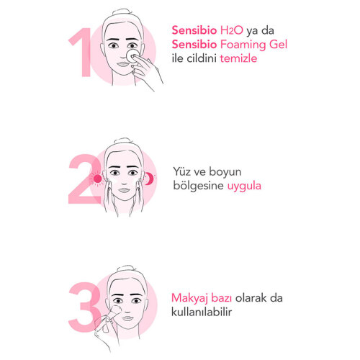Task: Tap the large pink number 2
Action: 84,179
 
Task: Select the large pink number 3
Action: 84,307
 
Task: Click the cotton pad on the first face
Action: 132,56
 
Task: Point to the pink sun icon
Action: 97,179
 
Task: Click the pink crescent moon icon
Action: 149,179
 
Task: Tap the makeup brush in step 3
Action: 109,317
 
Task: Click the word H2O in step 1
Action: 231,30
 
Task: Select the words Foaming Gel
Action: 253,45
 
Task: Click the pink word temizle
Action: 238,58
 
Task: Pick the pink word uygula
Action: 244,186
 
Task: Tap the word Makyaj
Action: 190,298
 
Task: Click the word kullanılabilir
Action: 202,312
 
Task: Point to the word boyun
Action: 225,172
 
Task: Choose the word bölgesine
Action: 199,186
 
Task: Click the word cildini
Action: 202,58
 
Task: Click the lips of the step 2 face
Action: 124,190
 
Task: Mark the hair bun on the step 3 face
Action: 127,268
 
